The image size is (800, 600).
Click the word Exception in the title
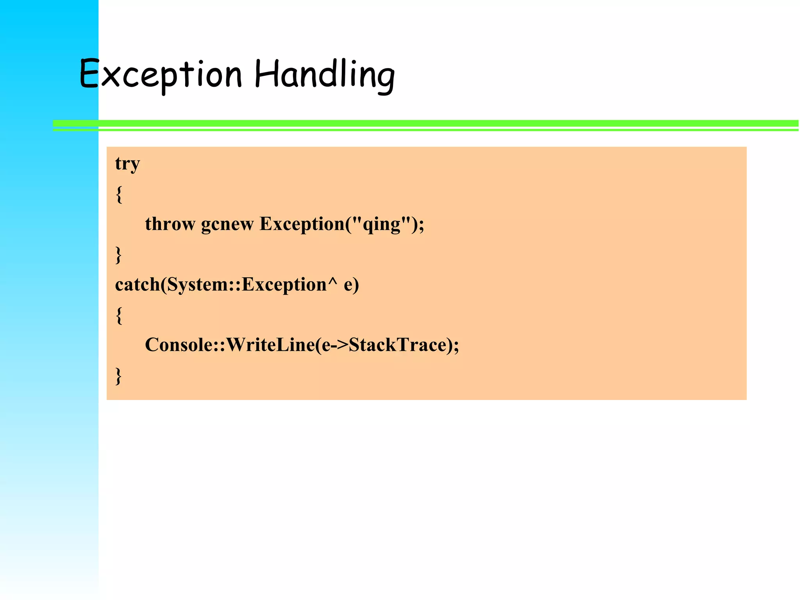coord(161,74)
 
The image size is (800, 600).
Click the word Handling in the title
coord(324,74)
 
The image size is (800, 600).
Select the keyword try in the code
coord(127,164)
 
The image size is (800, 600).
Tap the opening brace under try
coord(119,194)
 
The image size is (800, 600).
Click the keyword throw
coord(170,224)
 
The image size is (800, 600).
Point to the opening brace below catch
coord(119,315)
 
